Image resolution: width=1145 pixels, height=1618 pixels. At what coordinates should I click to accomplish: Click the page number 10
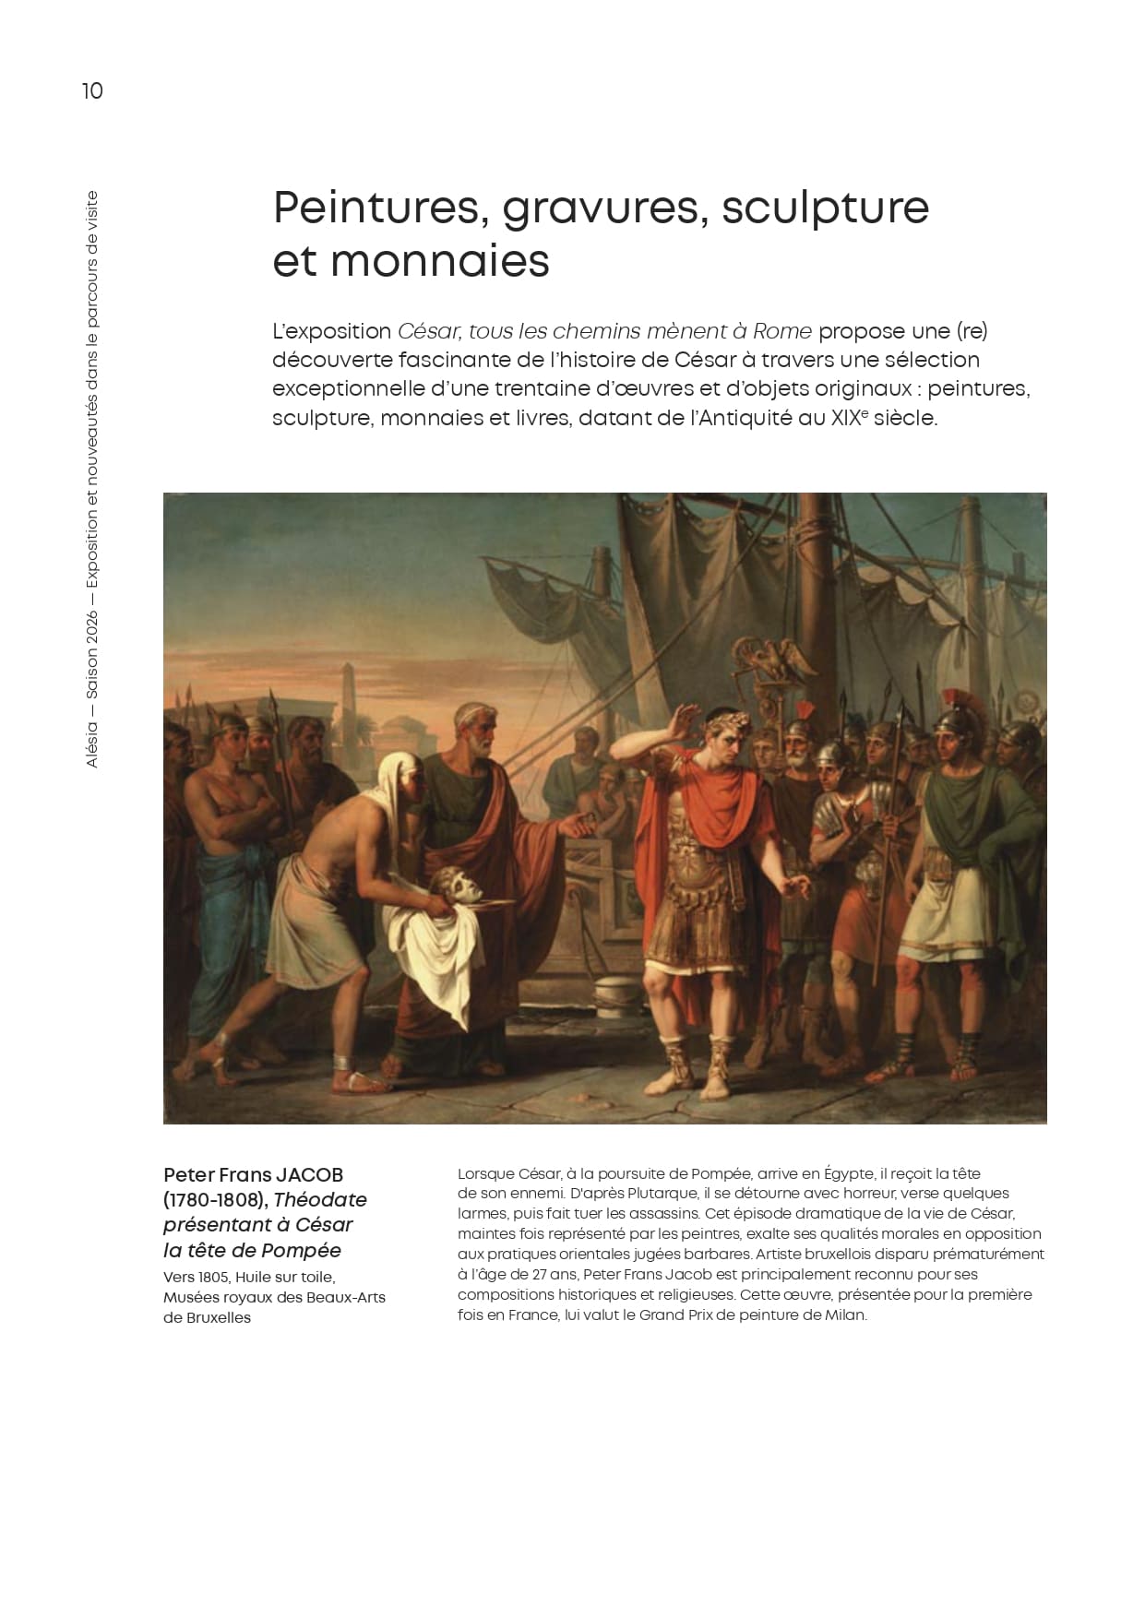click(x=92, y=91)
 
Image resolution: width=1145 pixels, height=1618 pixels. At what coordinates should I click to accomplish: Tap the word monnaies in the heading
click(x=439, y=261)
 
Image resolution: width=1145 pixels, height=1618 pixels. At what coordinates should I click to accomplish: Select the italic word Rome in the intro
click(x=782, y=331)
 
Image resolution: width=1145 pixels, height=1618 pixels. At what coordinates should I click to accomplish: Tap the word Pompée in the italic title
click(x=302, y=1251)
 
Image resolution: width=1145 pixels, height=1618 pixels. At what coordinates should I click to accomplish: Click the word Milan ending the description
click(x=845, y=1315)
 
